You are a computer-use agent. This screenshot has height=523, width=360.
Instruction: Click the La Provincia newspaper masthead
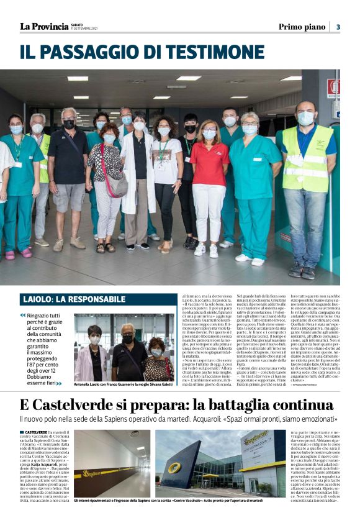coord(43,26)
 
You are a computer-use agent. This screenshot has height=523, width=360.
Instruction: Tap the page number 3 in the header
coord(338,27)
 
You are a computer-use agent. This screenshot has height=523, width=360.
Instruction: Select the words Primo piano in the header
coord(302,27)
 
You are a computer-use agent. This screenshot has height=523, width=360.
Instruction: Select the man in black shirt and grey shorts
coord(69,174)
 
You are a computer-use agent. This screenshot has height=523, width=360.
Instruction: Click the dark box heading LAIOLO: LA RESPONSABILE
coord(73,299)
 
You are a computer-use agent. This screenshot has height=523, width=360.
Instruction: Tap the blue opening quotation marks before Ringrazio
coord(23,316)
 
